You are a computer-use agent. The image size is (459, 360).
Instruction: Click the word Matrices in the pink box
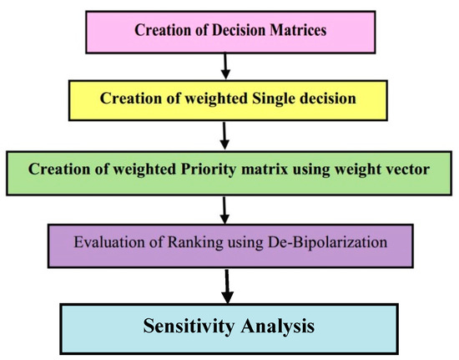click(x=298, y=30)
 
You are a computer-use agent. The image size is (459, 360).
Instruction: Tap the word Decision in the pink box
click(x=239, y=30)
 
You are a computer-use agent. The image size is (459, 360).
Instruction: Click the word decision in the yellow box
click(x=325, y=98)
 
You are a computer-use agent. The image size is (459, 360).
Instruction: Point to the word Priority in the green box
click(x=208, y=170)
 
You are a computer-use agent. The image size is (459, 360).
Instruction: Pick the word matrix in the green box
click(x=265, y=170)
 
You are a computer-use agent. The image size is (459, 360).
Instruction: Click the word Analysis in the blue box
click(x=278, y=327)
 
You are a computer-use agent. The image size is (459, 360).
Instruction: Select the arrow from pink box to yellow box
click(x=225, y=66)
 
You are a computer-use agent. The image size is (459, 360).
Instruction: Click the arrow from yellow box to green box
click(x=224, y=135)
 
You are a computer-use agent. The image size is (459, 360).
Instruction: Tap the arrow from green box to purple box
click(x=224, y=210)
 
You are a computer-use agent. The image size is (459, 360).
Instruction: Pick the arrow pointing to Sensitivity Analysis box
click(x=227, y=286)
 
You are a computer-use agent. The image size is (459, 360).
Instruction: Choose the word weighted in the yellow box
click(x=216, y=99)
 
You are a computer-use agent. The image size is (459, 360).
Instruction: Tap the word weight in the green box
click(x=360, y=170)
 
